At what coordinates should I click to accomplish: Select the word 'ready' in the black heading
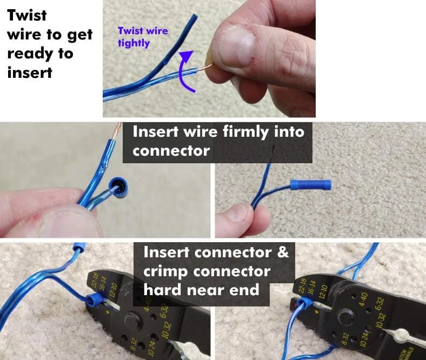[x=26, y=54]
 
